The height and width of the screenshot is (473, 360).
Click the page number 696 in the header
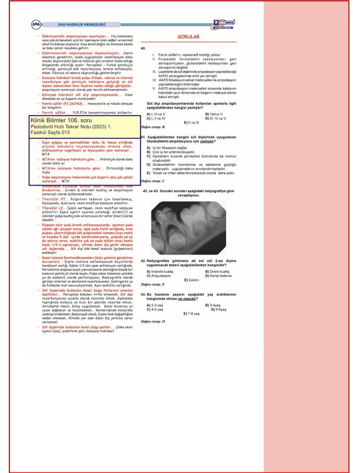(x=35, y=24)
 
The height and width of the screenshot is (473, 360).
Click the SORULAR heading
(x=189, y=38)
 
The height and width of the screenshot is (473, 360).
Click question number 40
(x=143, y=48)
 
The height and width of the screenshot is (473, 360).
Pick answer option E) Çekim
(x=192, y=280)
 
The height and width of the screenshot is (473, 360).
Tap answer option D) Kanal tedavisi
(x=219, y=275)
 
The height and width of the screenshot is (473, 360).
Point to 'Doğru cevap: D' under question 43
(x=153, y=321)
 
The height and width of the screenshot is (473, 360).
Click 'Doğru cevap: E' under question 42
(x=153, y=285)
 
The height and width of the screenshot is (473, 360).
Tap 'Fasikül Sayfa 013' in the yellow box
(x=51, y=133)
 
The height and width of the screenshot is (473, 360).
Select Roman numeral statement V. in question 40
(x=154, y=89)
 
